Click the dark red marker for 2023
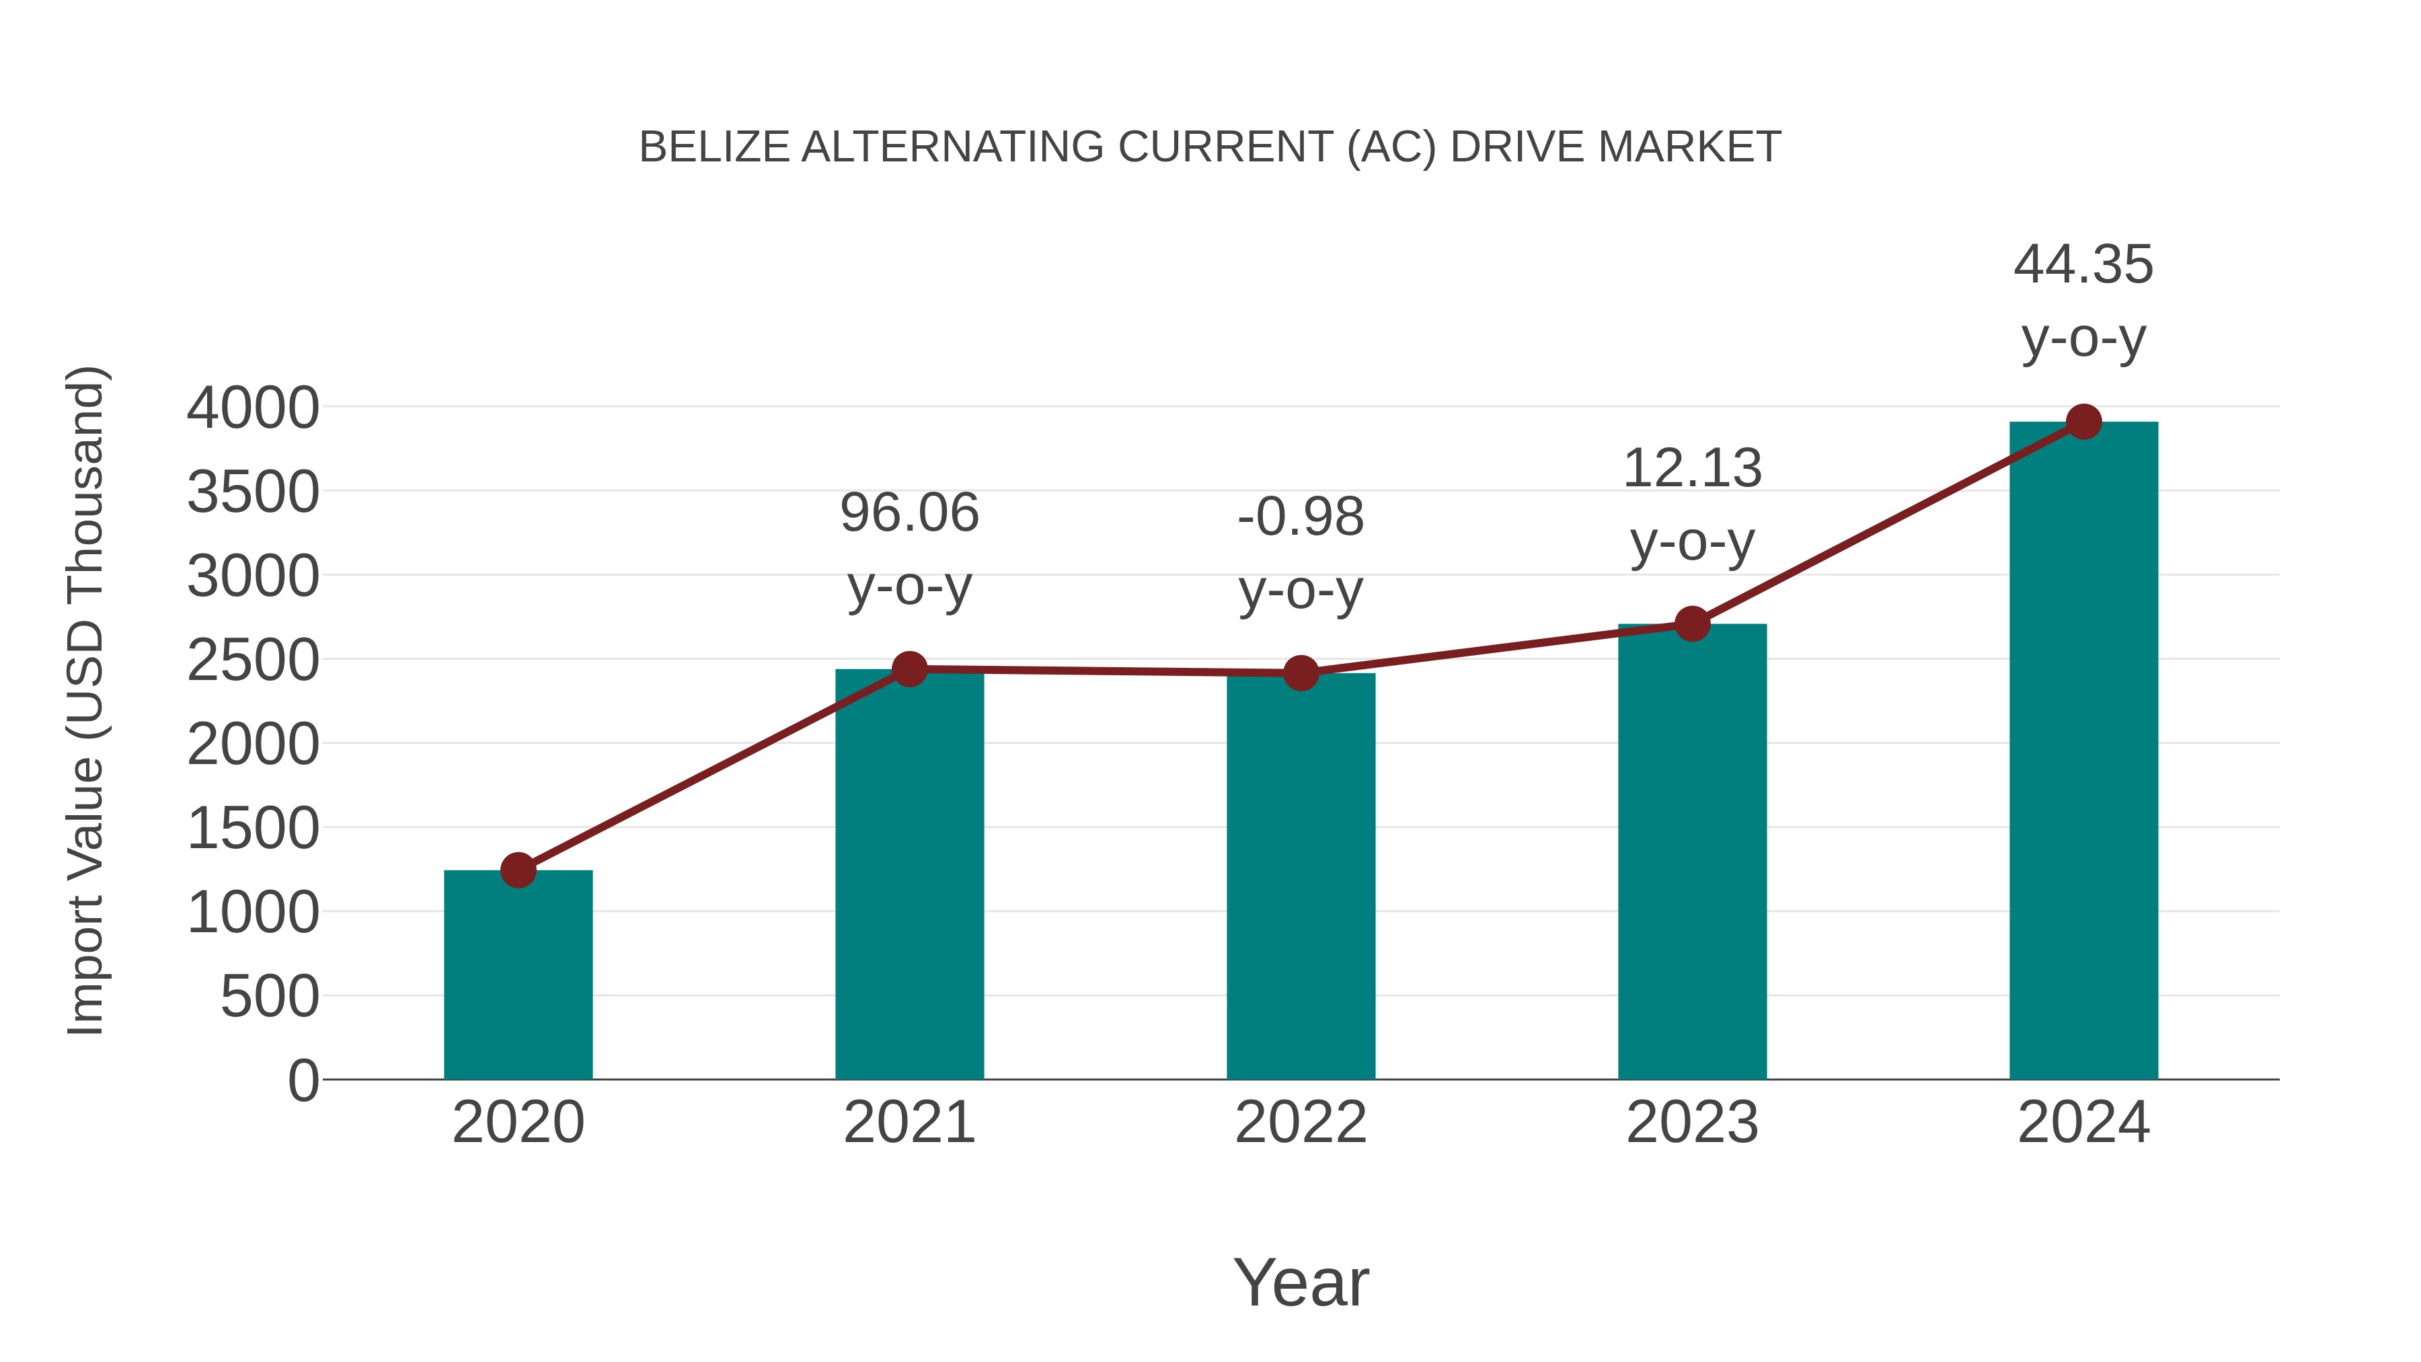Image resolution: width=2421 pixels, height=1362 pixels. click(1692, 623)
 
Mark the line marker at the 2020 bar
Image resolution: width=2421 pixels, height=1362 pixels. click(518, 870)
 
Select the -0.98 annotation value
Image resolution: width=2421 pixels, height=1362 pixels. click(1301, 517)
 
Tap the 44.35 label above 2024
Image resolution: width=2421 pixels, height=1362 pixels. click(2083, 264)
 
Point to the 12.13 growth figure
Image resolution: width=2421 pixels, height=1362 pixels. click(1692, 468)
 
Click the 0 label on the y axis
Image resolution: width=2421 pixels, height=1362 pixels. click(303, 1080)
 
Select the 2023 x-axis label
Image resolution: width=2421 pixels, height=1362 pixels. click(1692, 1123)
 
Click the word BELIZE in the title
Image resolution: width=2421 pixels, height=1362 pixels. click(714, 147)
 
